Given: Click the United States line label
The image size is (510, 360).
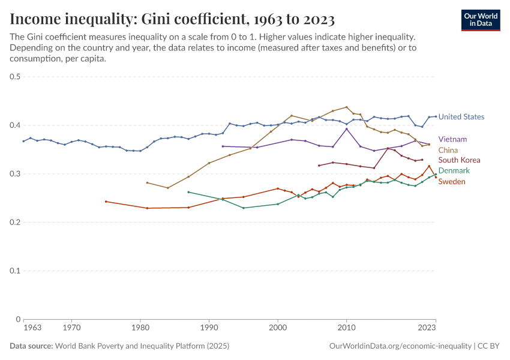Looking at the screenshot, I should (x=461, y=117).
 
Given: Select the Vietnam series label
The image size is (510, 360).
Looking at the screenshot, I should (x=452, y=139).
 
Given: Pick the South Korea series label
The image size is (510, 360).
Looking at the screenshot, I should (x=460, y=160).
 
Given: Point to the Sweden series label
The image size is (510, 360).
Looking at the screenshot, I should (x=452, y=182).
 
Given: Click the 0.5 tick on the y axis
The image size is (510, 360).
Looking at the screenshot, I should (x=16, y=77).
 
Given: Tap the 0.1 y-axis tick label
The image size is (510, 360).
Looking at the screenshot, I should (x=16, y=271).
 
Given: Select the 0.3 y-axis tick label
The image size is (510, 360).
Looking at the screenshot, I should (x=16, y=174).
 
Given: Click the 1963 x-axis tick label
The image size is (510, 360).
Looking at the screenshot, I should (x=32, y=328).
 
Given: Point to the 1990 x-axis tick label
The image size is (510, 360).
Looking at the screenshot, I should (x=209, y=328).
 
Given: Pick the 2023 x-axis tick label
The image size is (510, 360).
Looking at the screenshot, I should (x=427, y=328).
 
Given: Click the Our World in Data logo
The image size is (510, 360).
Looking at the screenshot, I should (x=480, y=20).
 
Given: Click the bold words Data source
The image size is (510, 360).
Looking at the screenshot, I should (x=31, y=346).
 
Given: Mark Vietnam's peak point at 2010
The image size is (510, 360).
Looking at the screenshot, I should (x=346, y=129).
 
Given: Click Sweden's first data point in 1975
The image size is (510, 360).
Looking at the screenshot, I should (x=106, y=202).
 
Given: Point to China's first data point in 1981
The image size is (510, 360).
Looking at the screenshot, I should (x=147, y=182).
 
